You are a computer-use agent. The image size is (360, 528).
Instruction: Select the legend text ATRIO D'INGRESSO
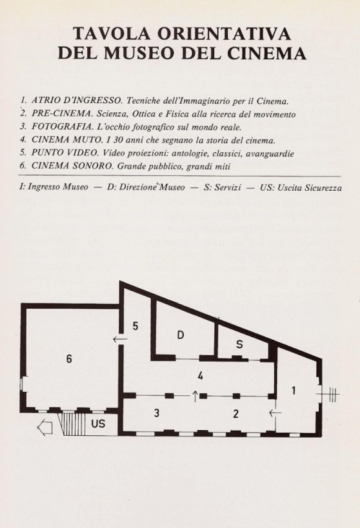click(x=77, y=101)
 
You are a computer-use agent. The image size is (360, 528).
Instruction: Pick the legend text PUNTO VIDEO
click(x=65, y=153)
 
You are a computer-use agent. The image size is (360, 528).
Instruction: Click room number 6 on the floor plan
click(x=69, y=359)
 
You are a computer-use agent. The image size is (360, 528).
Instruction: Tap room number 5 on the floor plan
click(x=135, y=326)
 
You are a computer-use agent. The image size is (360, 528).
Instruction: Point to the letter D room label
click(x=181, y=335)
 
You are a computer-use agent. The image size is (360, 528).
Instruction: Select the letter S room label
click(x=239, y=344)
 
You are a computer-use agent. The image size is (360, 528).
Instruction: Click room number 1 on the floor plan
click(x=294, y=390)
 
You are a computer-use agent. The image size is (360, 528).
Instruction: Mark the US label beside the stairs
click(x=98, y=424)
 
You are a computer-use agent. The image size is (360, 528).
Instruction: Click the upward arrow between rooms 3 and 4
click(x=195, y=396)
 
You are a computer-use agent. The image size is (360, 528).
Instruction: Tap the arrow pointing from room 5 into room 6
click(x=120, y=339)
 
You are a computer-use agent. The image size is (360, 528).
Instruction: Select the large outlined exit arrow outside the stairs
click(x=45, y=427)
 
